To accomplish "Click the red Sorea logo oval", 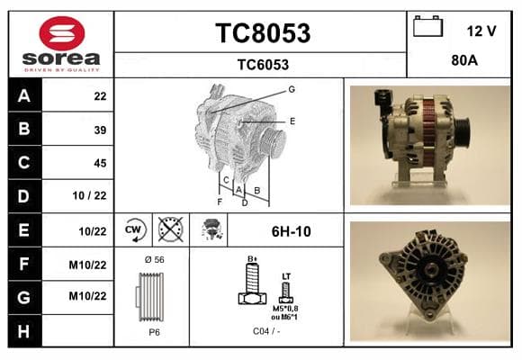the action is click(x=62, y=33).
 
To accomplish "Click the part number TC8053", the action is click(x=263, y=33).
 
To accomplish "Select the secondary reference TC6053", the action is click(x=263, y=65).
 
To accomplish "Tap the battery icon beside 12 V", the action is click(x=427, y=26).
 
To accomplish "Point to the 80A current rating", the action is click(x=464, y=60).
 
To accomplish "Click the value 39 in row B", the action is click(x=100, y=130).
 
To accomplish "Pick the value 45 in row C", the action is click(x=100, y=163).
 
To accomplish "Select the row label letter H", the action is click(x=23, y=331).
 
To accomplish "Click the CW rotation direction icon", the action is click(x=134, y=229).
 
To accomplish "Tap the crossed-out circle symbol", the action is click(x=170, y=229).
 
